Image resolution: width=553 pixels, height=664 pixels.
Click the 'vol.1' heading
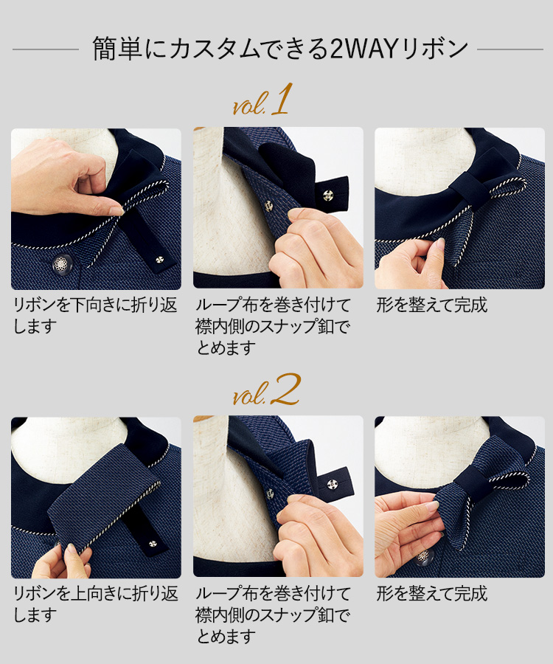coord(262,100)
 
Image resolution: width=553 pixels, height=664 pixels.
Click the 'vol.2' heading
coord(266,390)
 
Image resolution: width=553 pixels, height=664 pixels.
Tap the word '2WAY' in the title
coord(363,49)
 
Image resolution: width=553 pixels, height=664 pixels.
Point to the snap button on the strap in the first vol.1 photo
coord(159,259)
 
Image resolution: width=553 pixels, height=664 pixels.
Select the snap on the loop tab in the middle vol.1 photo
coord(327,196)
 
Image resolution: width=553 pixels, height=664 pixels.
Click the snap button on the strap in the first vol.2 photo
coord(151,543)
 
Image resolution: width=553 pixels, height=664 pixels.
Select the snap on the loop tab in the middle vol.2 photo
coord(330,483)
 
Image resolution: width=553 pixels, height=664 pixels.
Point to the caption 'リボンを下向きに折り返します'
coord(95,316)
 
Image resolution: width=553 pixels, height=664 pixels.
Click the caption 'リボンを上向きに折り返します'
coord(95,604)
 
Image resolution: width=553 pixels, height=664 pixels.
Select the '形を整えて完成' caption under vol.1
coord(432,305)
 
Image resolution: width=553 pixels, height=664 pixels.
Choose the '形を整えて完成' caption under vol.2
coord(432,593)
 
